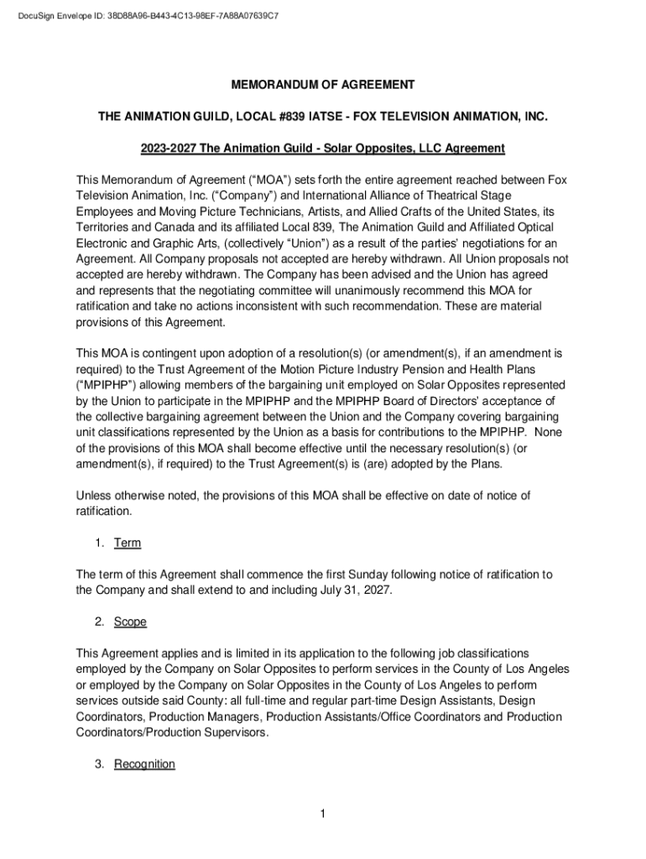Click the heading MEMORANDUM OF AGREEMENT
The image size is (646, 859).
click(323, 85)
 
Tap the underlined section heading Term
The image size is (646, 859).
click(128, 543)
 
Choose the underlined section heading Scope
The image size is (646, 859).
click(130, 622)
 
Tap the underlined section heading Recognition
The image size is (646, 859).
click(144, 764)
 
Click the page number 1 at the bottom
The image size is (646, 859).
click(322, 814)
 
